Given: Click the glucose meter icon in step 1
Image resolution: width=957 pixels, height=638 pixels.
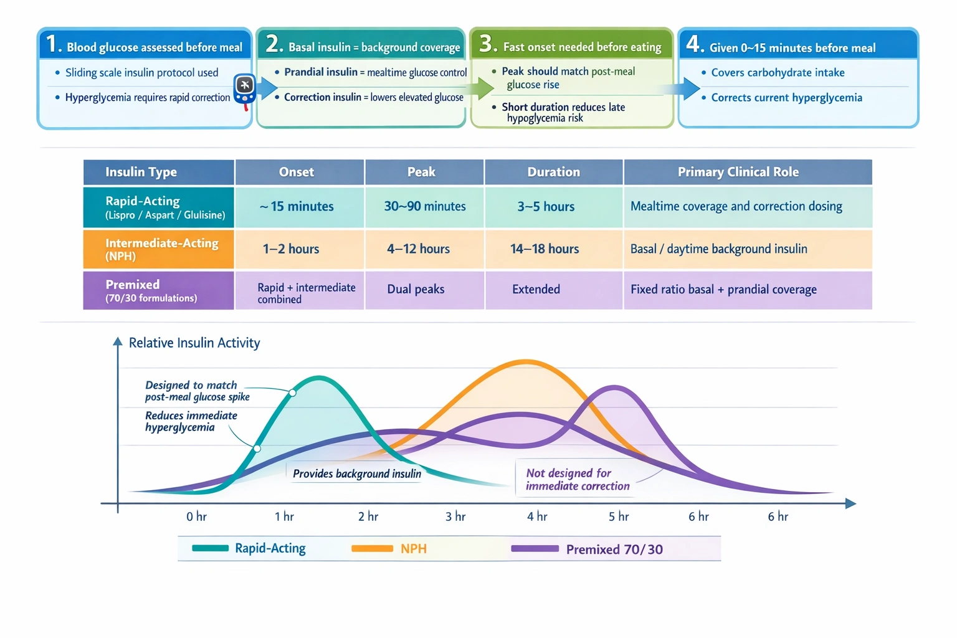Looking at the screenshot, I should click(244, 90).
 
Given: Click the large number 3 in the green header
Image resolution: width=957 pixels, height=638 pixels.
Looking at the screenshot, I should click(487, 44).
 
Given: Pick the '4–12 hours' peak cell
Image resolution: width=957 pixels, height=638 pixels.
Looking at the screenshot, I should click(418, 249).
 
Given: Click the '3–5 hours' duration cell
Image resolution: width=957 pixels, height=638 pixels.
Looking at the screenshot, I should click(546, 207).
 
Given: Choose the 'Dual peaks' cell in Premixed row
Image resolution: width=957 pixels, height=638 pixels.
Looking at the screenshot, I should click(416, 290).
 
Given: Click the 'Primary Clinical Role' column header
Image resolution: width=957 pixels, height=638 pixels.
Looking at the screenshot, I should click(738, 173).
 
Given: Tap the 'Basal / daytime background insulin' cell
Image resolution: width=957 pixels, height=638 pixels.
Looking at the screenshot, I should click(718, 249).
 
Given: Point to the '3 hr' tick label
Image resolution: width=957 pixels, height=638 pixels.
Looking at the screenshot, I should click(455, 517).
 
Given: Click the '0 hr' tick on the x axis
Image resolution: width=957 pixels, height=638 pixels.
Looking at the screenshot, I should click(196, 517).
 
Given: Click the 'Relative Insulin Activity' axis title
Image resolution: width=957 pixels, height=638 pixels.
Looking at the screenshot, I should click(194, 343).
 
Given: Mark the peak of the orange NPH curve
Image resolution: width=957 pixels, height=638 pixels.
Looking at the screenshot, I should click(526, 361).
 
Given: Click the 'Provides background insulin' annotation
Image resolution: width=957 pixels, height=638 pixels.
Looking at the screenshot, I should click(356, 474).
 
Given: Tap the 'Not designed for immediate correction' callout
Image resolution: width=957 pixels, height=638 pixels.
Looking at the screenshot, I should click(577, 480).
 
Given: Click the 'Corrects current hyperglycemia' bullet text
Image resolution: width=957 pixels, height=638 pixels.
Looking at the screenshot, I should click(786, 98).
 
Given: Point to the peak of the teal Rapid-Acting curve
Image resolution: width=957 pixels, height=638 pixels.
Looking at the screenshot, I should click(319, 377).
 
